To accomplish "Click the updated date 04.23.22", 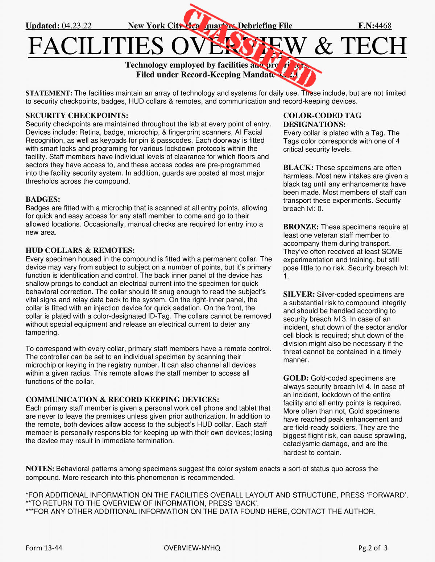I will (76, 26).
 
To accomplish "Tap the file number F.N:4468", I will (375, 26).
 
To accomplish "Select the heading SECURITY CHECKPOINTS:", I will (77, 116).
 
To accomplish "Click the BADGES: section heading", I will (43, 199).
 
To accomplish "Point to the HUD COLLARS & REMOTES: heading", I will (80, 250).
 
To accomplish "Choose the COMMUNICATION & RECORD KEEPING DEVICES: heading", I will (122, 399).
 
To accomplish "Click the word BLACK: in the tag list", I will (298, 168).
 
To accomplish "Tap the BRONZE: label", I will (301, 227).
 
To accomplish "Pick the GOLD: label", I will (296, 378).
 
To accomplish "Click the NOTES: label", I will (40, 469).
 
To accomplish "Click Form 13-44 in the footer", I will (44, 548).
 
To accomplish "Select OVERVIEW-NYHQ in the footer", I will (192, 548).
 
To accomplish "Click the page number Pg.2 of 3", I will (373, 548).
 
